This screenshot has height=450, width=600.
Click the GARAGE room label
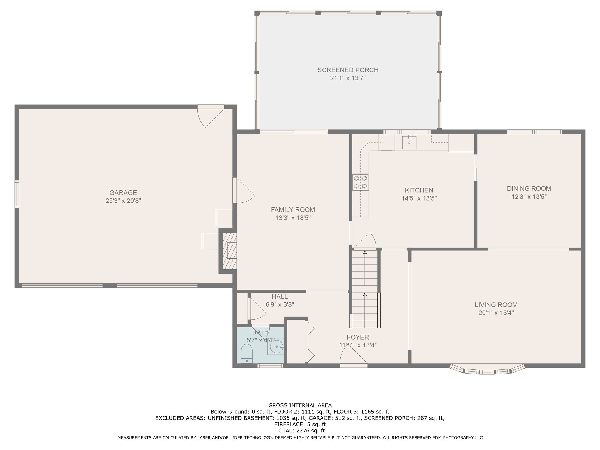[123, 193]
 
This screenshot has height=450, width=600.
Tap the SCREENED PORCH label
[348, 70]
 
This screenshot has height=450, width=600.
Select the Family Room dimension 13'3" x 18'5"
[293, 218]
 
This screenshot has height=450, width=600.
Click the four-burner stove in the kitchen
[360, 182]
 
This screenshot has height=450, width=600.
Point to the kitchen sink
[409, 142]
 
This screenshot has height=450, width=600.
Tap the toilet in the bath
[247, 354]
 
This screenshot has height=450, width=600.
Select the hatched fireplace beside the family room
[230, 251]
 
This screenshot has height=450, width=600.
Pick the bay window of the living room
[487, 369]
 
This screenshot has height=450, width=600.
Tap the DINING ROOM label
[529, 189]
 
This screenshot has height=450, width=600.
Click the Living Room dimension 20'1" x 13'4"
[496, 313]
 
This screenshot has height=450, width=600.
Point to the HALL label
[280, 296]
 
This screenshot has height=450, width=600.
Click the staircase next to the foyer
[365, 288]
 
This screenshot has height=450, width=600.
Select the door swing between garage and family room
[244, 190]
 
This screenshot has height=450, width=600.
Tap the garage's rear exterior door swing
[211, 117]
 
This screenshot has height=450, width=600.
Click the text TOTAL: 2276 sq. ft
[300, 431]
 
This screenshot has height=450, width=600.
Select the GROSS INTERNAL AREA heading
[300, 405]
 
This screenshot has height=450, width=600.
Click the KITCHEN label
[419, 190]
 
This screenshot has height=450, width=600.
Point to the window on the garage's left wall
[17, 194]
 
